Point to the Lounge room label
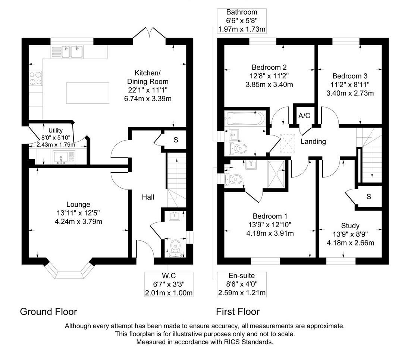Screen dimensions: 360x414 78,204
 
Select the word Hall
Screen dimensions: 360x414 148,197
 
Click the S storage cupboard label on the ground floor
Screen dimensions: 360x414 175,140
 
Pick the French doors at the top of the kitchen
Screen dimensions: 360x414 149,34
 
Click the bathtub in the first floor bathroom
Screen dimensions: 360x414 244,118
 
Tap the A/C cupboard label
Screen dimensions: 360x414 304,116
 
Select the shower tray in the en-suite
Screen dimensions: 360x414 277,173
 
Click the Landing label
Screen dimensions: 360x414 313,141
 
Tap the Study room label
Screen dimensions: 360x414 350,225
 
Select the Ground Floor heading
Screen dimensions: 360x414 48,312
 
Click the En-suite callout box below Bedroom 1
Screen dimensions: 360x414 242,284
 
